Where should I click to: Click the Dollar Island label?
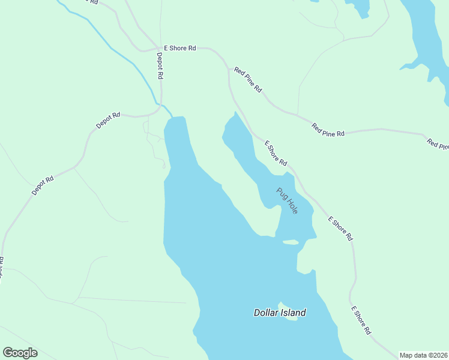point(280,313)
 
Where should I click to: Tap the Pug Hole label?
point(287,201)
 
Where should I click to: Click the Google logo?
point(20,353)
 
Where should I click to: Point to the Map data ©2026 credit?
point(423,355)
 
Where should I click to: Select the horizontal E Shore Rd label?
point(179,48)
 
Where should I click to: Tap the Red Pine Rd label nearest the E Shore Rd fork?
point(248,79)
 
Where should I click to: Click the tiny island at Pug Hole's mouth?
point(291,242)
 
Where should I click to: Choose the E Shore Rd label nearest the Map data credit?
point(361,320)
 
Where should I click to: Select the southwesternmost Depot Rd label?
point(43,185)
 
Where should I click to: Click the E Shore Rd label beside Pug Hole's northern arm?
point(276,154)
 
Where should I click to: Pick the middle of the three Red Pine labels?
point(328,130)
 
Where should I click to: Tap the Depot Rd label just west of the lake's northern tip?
point(109,120)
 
